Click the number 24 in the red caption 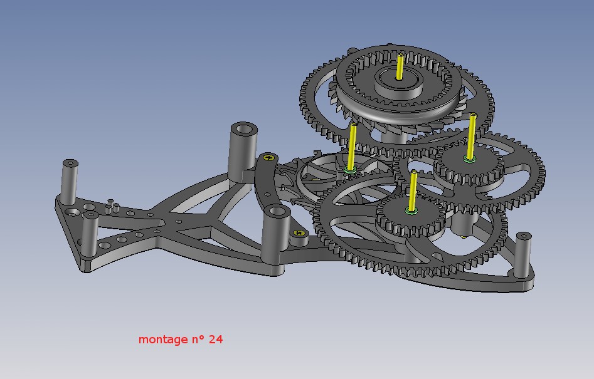(x=215, y=340)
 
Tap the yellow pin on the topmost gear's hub (x=400, y=66)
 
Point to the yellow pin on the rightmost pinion (x=472, y=136)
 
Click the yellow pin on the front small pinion (x=413, y=190)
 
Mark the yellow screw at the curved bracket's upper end (x=268, y=157)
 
